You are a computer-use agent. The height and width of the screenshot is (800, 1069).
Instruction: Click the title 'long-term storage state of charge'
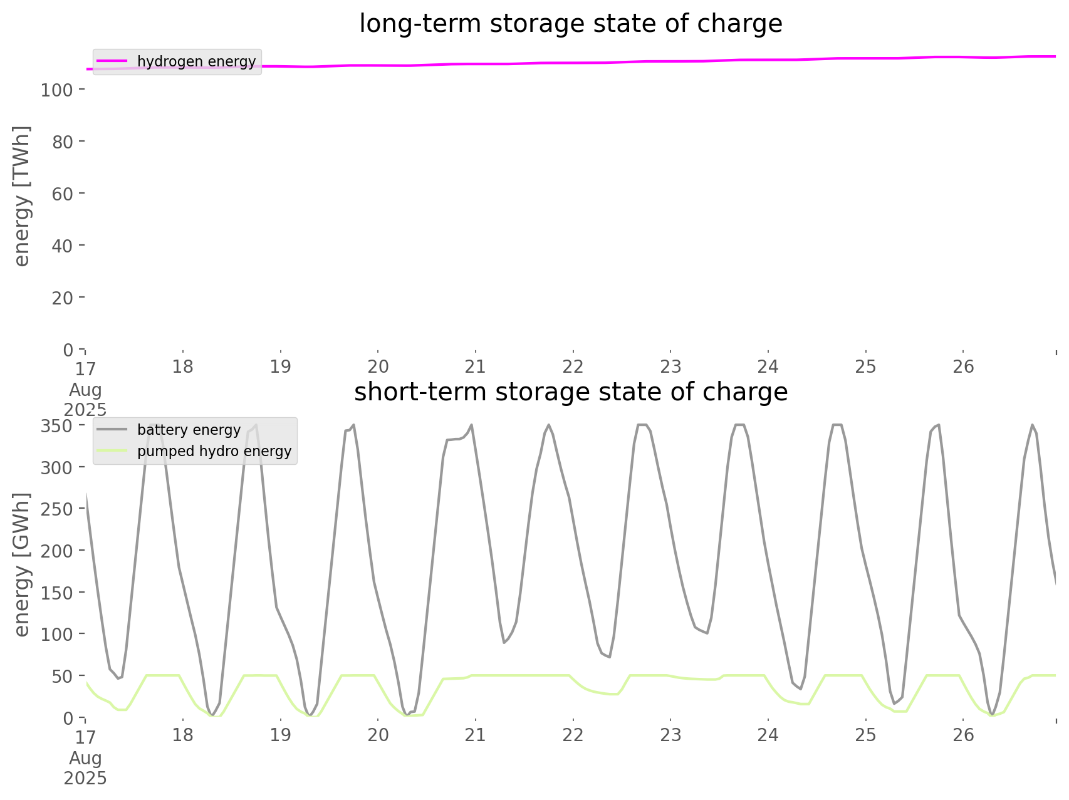[570, 24]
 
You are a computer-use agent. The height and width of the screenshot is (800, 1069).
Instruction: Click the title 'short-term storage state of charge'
[570, 392]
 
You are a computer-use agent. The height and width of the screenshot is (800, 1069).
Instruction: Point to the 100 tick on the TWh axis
[57, 90]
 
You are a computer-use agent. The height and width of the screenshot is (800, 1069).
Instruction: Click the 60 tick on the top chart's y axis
[63, 194]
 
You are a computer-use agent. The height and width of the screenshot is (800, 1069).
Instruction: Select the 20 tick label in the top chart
[63, 298]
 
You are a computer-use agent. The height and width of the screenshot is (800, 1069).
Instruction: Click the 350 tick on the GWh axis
[57, 426]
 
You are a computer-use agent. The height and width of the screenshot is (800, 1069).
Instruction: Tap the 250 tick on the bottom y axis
[57, 509]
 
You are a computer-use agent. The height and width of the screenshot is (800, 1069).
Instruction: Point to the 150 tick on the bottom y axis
[57, 593]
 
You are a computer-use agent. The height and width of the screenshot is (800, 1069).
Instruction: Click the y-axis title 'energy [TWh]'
[22, 196]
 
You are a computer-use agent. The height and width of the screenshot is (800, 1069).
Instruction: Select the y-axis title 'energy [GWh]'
[22, 564]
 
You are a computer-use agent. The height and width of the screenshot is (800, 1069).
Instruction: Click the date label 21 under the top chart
[476, 366]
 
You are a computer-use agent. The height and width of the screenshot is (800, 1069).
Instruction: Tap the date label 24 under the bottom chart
[768, 735]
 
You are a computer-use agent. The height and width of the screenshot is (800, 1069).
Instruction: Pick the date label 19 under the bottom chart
[281, 735]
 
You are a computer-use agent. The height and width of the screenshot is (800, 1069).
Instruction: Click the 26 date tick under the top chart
[964, 366]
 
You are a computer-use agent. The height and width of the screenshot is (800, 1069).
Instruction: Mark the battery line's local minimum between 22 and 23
[609, 657]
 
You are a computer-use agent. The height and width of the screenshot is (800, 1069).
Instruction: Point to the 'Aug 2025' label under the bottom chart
[85, 768]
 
